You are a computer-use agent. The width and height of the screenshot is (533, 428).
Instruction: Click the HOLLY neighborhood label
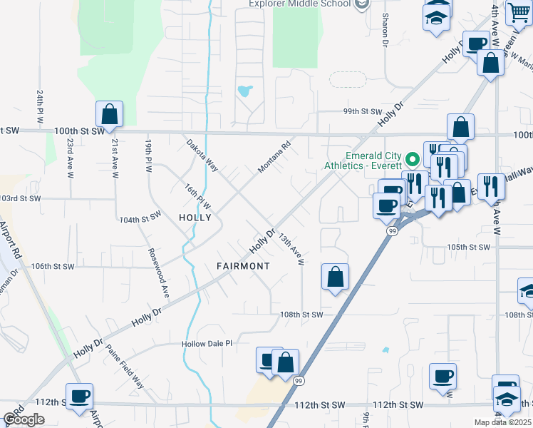[x=195, y=218]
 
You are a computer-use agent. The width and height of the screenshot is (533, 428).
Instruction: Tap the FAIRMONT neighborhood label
[x=244, y=266]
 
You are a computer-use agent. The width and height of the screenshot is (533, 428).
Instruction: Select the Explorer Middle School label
[x=299, y=4]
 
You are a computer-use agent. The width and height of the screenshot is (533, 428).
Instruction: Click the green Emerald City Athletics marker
[x=411, y=158]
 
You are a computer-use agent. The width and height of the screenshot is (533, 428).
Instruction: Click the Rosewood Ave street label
[x=159, y=272]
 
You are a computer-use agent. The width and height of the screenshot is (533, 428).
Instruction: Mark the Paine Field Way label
[x=125, y=367]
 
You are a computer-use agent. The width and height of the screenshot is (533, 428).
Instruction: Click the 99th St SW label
[x=363, y=112]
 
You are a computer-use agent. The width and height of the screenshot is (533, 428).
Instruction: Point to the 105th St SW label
[x=469, y=247]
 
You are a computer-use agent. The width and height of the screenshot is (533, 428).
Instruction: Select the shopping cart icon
[x=519, y=12]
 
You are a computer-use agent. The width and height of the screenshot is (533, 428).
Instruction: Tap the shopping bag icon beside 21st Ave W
[x=110, y=113]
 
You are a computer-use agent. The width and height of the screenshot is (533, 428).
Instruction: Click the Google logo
[x=24, y=419]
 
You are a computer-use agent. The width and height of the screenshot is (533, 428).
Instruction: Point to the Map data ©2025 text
[x=502, y=422]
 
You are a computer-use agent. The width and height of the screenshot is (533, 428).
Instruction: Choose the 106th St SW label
[x=53, y=266]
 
